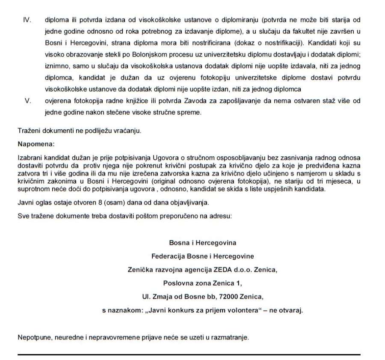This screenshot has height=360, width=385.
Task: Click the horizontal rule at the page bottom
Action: tap(189, 354)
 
